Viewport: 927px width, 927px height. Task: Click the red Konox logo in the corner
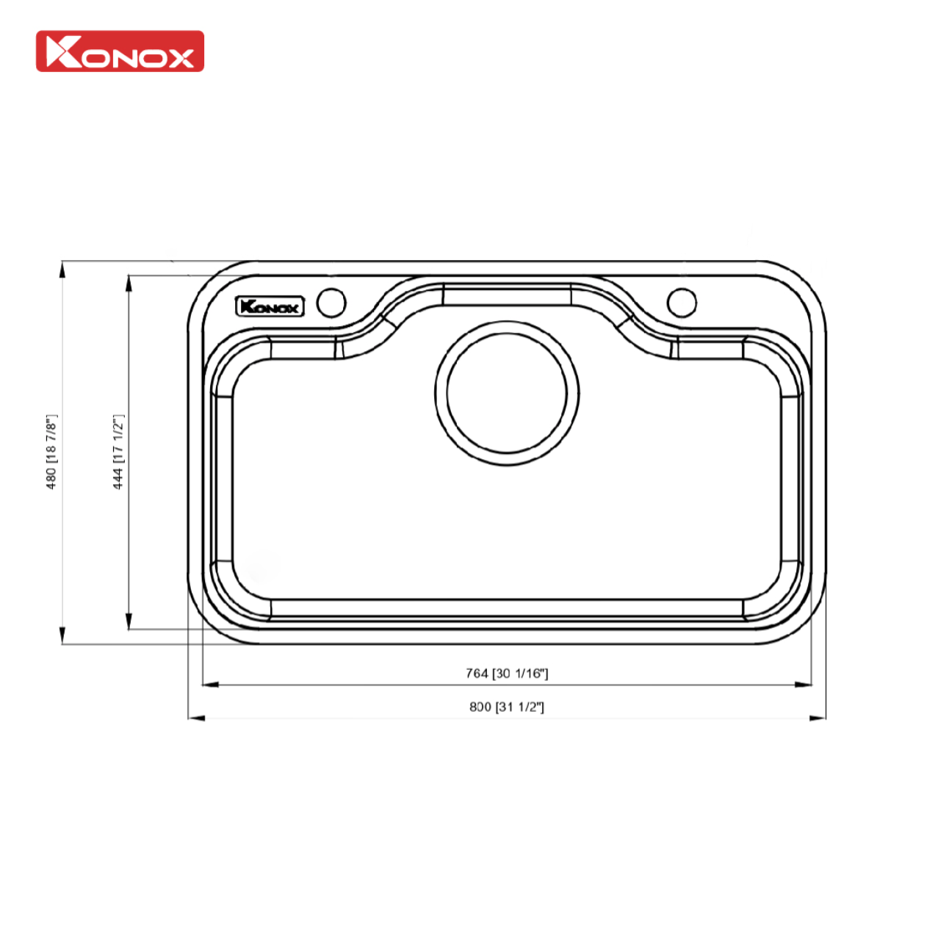[x=120, y=51]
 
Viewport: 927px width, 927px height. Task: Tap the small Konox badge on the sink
[x=270, y=306]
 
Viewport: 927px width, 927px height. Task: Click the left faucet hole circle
[x=331, y=303]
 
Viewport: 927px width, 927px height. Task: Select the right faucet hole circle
[x=681, y=302]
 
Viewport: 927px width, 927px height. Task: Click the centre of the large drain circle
[x=507, y=394]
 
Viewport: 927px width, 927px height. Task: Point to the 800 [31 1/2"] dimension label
[x=507, y=707]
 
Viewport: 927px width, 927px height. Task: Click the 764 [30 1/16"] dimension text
[x=507, y=673]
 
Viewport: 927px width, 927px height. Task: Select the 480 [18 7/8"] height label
[x=51, y=451]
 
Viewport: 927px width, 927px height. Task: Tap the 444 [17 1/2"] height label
[x=118, y=451]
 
